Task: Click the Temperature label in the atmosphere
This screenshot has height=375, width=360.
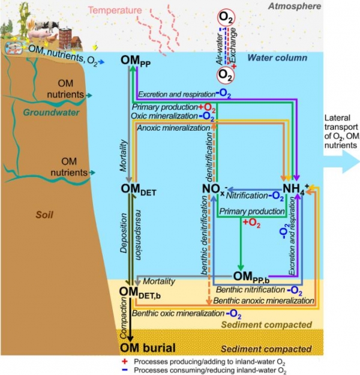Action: (x=115, y=10)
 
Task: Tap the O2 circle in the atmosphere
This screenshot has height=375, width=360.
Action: (x=226, y=17)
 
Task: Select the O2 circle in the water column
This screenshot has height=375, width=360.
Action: (x=226, y=75)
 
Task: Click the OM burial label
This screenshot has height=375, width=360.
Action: (x=148, y=348)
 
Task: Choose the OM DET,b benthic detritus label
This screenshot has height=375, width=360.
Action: (x=140, y=293)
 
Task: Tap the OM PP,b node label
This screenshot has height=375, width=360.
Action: (x=251, y=277)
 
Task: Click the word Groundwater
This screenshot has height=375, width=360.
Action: (x=51, y=112)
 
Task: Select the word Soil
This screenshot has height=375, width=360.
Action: (x=44, y=215)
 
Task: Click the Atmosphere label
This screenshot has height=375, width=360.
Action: (x=295, y=6)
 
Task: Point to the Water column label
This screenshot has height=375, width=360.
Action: (x=277, y=58)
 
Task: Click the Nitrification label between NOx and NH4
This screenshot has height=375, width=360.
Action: (x=247, y=196)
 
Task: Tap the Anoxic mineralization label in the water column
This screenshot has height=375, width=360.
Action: (x=173, y=128)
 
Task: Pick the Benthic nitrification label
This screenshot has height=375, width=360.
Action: (x=250, y=290)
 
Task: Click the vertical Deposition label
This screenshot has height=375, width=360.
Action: (x=124, y=233)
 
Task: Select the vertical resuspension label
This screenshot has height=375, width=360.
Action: (x=139, y=235)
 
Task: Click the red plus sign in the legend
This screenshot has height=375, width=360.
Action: (x=124, y=361)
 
